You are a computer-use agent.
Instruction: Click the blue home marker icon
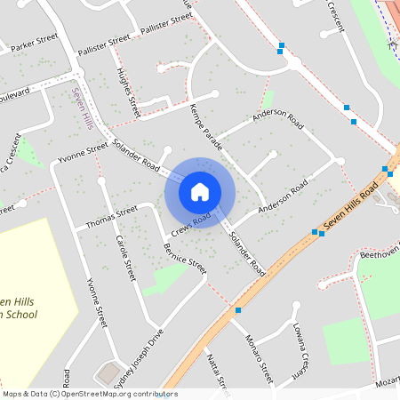pos(200,192)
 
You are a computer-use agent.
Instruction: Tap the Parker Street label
pos(34,43)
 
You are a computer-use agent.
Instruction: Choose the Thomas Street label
pos(111,217)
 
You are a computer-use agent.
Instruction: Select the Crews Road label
pos(191,223)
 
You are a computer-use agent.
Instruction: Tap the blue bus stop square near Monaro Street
pos(238,310)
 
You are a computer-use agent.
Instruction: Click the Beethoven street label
pos(379,255)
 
